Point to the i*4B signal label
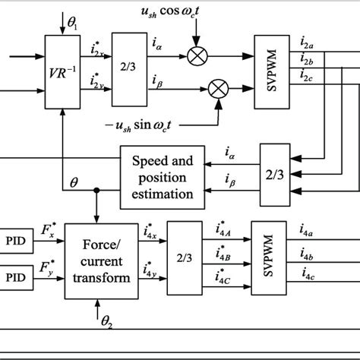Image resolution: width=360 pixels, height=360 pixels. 223,258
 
